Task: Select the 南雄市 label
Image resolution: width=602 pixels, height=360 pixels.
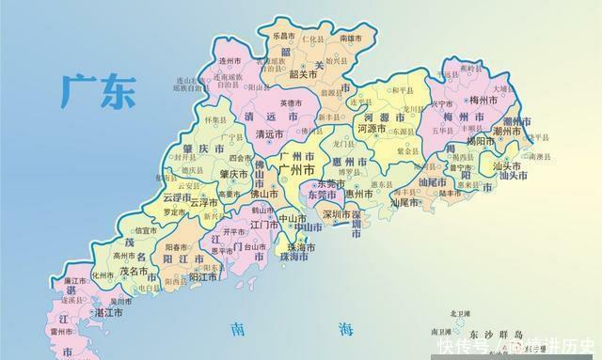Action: [x=351, y=39]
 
